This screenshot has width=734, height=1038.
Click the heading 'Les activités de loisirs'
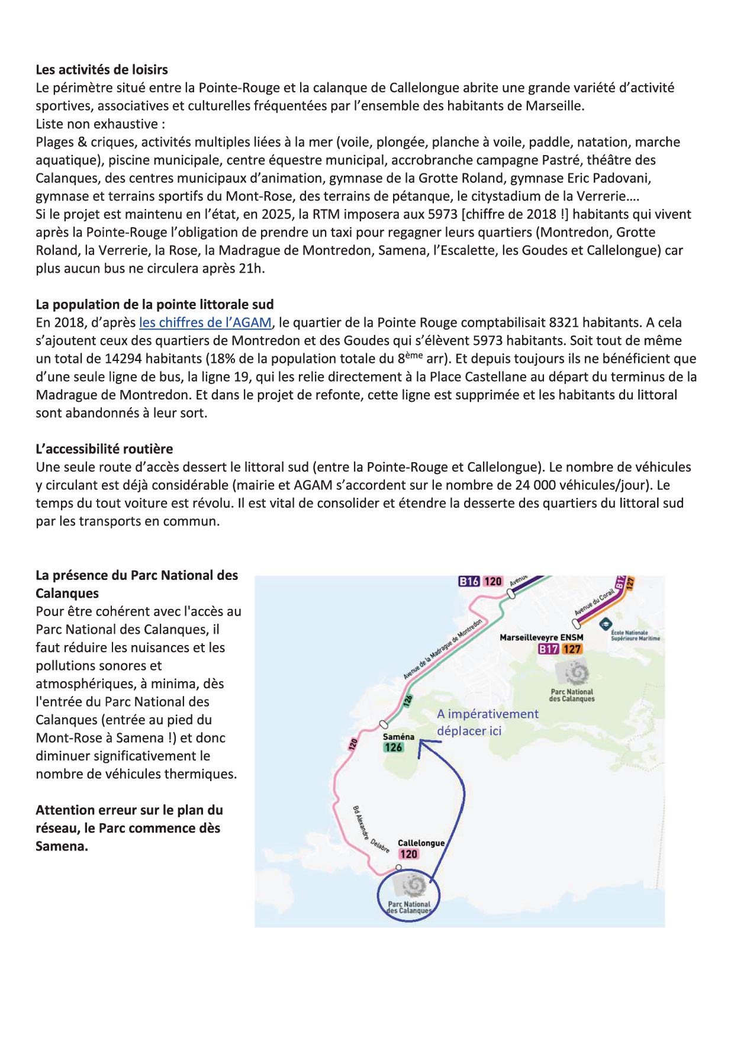(102, 70)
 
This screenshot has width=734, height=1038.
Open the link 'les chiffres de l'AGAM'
(205, 323)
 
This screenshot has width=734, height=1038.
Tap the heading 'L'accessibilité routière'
(104, 449)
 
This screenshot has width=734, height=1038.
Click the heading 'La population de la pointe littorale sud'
(154, 305)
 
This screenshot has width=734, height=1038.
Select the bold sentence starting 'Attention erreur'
(129, 828)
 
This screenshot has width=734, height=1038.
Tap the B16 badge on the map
(469, 581)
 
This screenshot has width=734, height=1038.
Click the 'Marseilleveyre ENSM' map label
(541, 637)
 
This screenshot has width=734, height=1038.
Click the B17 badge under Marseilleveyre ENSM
(549, 649)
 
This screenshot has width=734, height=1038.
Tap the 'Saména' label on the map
(398, 737)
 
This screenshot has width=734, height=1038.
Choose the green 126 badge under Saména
(394, 747)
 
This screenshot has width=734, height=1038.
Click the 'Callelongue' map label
(421, 843)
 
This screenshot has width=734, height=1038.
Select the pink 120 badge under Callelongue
(408, 854)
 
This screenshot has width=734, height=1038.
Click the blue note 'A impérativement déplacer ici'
(488, 722)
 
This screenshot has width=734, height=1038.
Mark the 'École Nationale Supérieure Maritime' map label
(635, 636)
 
